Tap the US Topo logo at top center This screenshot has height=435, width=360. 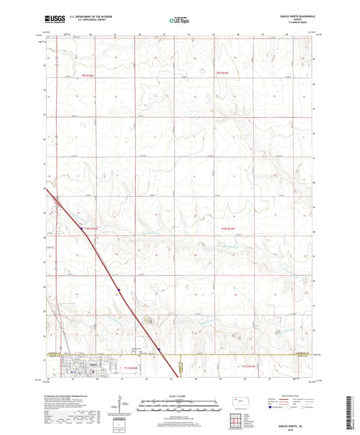click(x=176, y=21)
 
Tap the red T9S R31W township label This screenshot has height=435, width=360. click(x=223, y=72)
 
